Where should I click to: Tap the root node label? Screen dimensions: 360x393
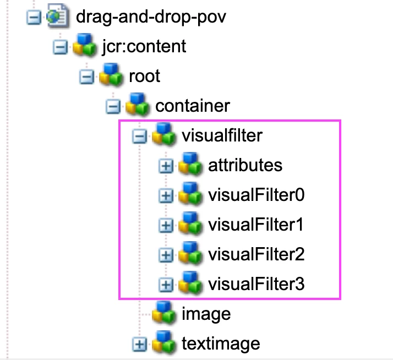[144, 76]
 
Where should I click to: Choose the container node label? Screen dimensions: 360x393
[193, 105]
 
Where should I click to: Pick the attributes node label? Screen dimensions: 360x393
[245, 165]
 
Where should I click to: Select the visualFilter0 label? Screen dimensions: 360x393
[256, 195]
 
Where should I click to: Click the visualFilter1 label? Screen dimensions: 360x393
[256, 225]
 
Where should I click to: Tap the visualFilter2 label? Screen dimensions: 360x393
[256, 254]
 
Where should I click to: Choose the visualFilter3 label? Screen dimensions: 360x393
[256, 284]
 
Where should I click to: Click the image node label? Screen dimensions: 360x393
[206, 314]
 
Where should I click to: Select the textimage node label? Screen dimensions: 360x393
[220, 344]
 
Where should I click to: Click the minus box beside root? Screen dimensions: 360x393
[86, 76]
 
